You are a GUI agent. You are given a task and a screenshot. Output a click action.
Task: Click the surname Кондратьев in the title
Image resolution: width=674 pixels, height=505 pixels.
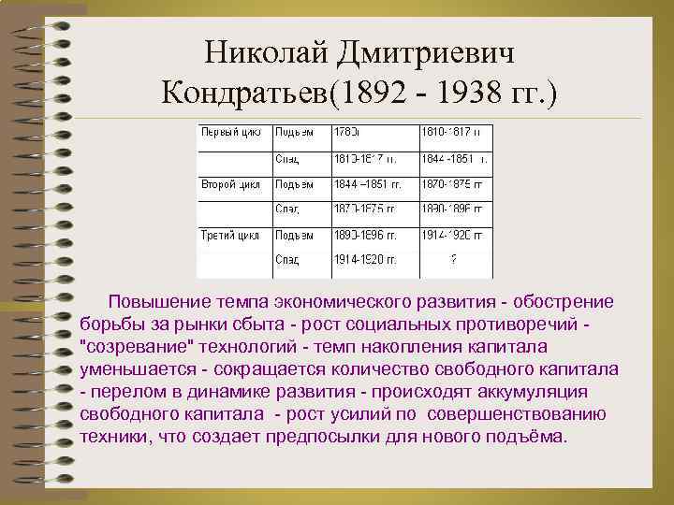pos(246,93)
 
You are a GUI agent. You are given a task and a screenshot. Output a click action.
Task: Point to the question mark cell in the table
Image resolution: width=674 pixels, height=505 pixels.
pos(454,259)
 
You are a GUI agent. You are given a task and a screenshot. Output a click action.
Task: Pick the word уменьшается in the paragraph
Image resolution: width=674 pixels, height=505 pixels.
pos(132,369)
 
